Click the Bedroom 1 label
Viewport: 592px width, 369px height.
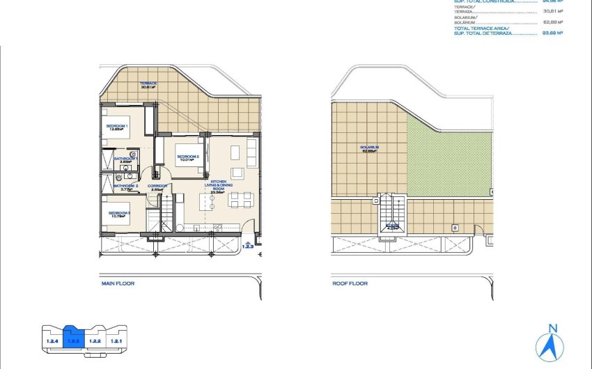click(116, 126)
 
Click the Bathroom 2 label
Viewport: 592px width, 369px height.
click(126, 187)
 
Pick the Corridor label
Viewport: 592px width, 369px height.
click(159, 187)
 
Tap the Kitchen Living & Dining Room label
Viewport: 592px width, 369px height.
click(219, 187)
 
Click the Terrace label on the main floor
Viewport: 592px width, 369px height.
click(148, 85)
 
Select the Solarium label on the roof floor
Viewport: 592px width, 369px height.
click(369, 149)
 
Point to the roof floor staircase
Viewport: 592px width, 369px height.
click(394, 212)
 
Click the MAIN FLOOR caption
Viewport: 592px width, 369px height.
click(118, 284)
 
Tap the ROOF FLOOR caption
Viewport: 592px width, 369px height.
click(350, 284)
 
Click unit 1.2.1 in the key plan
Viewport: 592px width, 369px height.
click(117, 340)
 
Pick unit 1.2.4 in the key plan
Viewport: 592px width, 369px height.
click(52, 340)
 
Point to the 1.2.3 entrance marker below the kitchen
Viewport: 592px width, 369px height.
click(248, 244)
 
